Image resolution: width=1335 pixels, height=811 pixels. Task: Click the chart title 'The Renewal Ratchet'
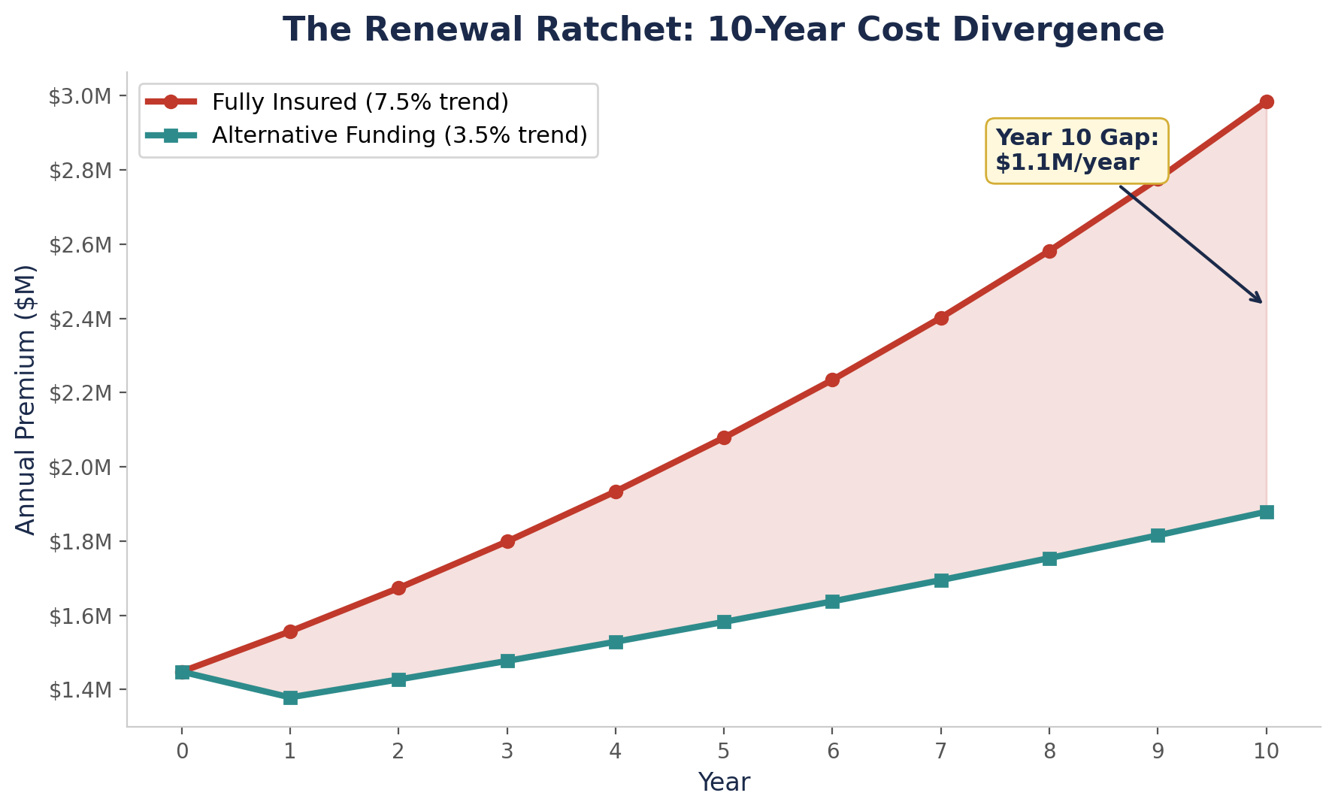(x=723, y=31)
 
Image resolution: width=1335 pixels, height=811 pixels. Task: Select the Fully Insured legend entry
(x=360, y=101)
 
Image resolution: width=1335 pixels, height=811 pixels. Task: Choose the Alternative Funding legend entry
(x=398, y=135)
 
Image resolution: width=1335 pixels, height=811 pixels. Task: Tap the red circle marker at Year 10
(x=1267, y=102)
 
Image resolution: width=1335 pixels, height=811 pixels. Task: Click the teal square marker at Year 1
(x=290, y=698)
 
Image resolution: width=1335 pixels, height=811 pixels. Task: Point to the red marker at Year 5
(x=724, y=437)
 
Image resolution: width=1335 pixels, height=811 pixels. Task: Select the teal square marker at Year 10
(x=1267, y=512)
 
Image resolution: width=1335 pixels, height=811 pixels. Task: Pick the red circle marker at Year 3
(x=507, y=541)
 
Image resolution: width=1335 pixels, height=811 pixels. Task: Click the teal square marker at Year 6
(x=832, y=601)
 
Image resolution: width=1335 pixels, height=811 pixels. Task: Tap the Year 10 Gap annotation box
(x=1076, y=150)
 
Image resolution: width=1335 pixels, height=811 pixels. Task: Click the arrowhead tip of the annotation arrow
(x=1262, y=303)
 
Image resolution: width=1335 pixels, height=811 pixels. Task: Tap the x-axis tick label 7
(x=940, y=751)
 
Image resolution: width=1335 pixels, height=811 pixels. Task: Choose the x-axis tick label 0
(x=181, y=751)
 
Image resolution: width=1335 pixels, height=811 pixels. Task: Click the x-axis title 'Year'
(x=723, y=782)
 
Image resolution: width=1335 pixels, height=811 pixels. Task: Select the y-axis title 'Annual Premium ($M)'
(x=26, y=400)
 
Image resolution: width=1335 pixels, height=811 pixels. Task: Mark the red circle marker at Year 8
(x=1049, y=251)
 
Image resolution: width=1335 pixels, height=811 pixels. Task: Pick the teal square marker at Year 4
(x=616, y=642)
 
